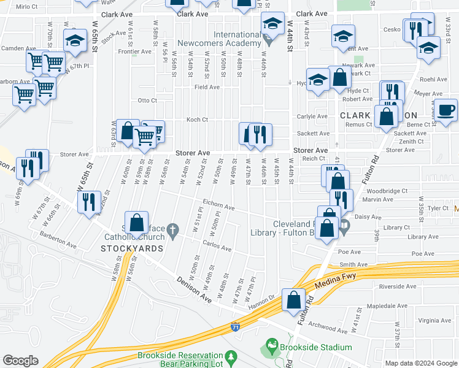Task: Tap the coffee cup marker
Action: pyautogui.click(x=446, y=111)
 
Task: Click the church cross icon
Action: pyautogui.click(x=173, y=231)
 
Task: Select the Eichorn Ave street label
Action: pyautogui.click(x=218, y=207)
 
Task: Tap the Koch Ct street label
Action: pyautogui.click(x=199, y=120)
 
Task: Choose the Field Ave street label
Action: pyautogui.click(x=207, y=87)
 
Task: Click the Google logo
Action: pyautogui.click(x=21, y=361)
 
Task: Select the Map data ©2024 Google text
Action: pyautogui.click(x=420, y=363)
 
